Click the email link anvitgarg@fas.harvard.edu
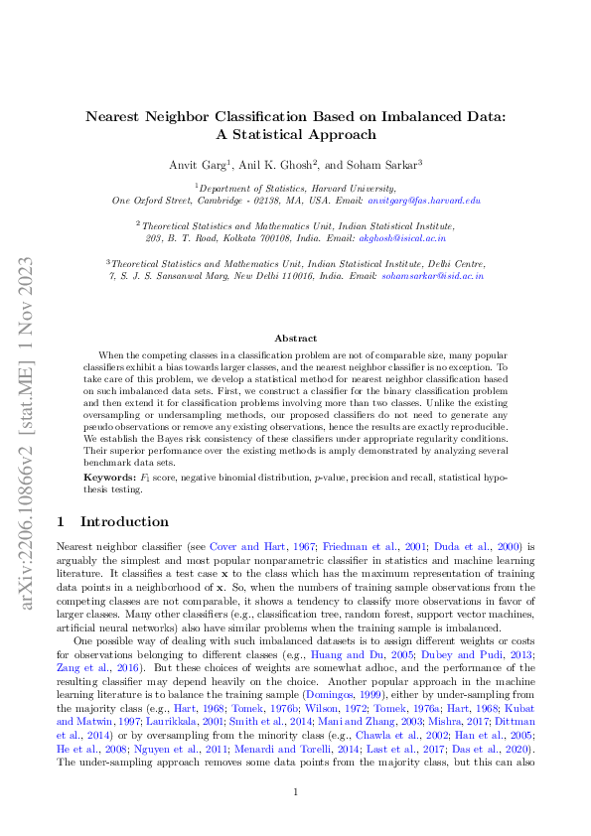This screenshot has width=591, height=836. click(x=424, y=201)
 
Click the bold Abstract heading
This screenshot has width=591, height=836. click(x=295, y=339)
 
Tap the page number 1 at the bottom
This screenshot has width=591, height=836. click(x=295, y=792)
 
